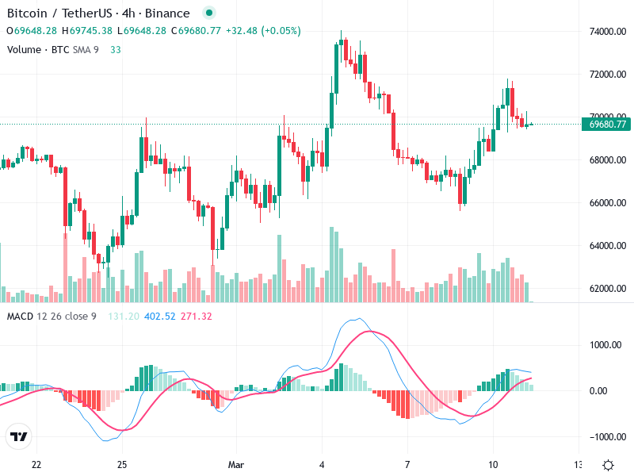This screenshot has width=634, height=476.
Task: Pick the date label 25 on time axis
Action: pyautogui.click(x=122, y=463)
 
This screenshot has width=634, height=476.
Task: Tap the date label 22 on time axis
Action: pyautogui.click(x=36, y=463)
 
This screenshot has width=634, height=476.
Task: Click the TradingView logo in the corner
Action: pyautogui.click(x=19, y=437)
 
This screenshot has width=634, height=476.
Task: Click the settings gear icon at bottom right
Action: pyautogui.click(x=608, y=465)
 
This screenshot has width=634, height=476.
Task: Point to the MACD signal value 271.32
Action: pyautogui.click(x=197, y=317)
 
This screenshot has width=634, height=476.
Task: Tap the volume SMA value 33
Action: pyautogui.click(x=116, y=49)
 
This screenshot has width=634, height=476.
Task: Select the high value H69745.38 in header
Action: pyautogui.click(x=90, y=30)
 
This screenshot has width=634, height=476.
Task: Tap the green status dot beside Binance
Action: pyautogui.click(x=208, y=13)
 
